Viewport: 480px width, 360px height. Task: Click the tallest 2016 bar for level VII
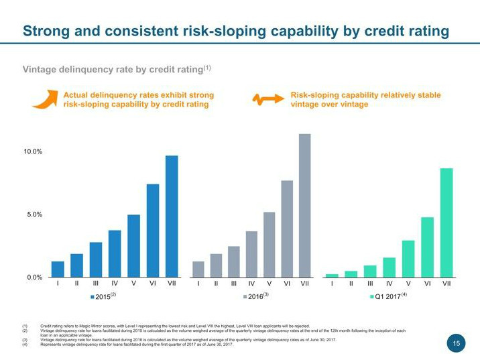tap(304, 205)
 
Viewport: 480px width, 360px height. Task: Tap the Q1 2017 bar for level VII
tap(446, 222)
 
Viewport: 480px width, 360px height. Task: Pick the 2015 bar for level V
tap(133, 245)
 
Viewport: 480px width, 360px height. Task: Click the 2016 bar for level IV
tap(251, 254)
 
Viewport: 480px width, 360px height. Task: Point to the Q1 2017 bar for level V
tap(408, 258)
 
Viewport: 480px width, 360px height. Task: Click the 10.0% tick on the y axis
tap(34, 152)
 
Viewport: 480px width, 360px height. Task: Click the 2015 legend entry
tap(101, 296)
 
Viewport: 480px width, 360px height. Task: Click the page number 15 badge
tap(456, 344)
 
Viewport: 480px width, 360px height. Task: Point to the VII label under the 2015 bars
tap(172, 284)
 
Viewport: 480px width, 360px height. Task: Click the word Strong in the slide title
tap(44, 31)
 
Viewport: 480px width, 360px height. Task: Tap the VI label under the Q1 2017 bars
tap(428, 284)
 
